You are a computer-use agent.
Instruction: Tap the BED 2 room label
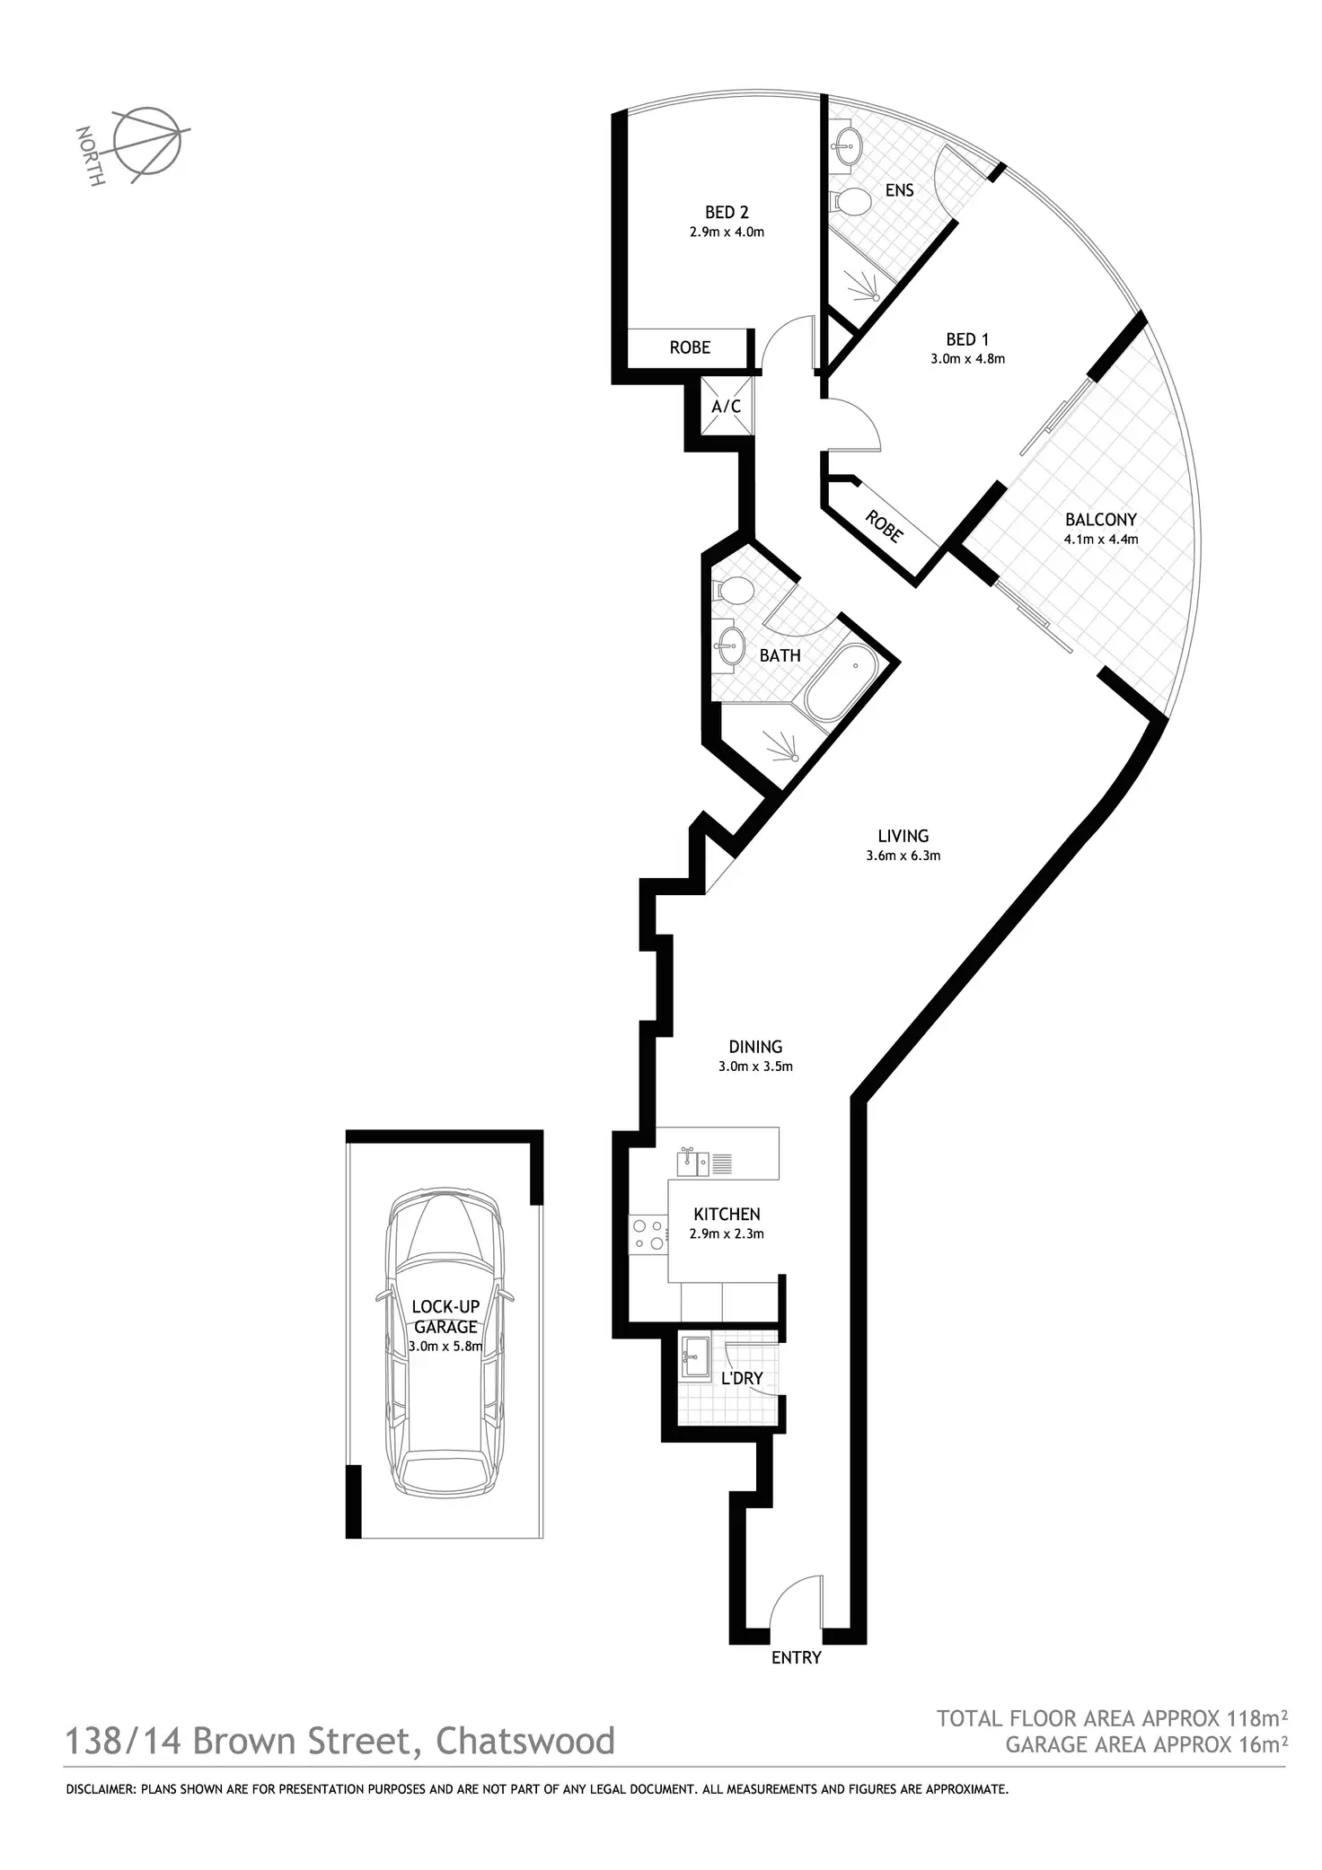pyautogui.click(x=727, y=213)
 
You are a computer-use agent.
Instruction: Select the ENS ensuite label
pyautogui.click(x=899, y=190)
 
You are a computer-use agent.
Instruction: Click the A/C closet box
pyautogui.click(x=726, y=407)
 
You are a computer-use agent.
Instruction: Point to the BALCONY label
pyautogui.click(x=1100, y=520)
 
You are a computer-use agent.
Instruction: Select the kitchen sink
pyautogui.click(x=695, y=1163)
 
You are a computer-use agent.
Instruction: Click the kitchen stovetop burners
pyautogui.click(x=648, y=1233)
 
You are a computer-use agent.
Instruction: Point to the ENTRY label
pyautogui.click(x=796, y=1657)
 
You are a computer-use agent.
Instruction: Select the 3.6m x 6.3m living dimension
pyautogui.click(x=903, y=856)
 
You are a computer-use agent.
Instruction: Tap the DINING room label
pyautogui.click(x=755, y=1047)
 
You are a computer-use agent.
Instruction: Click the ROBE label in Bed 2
pyautogui.click(x=690, y=347)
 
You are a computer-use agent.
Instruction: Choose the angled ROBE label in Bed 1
pyautogui.click(x=884, y=526)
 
